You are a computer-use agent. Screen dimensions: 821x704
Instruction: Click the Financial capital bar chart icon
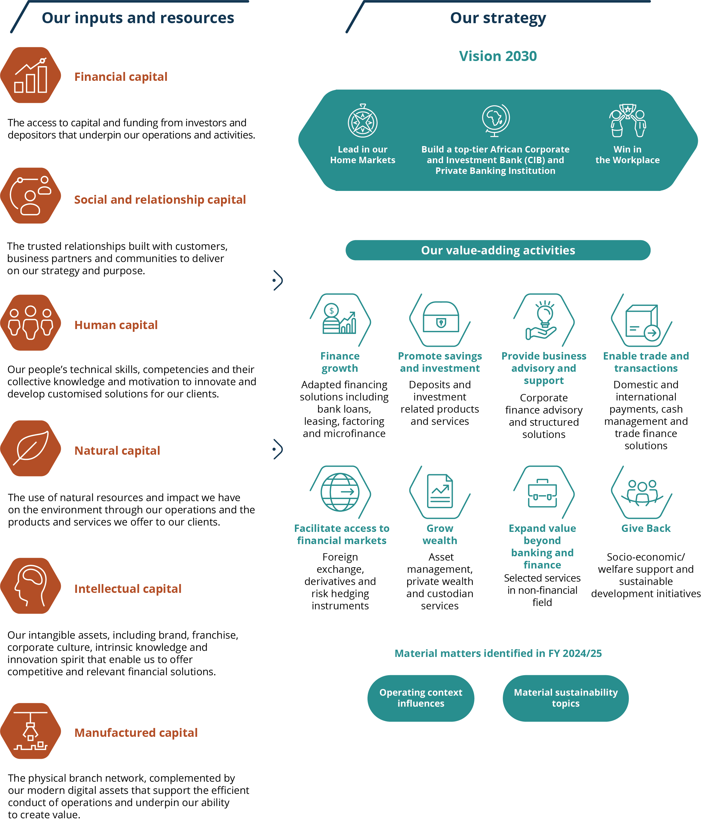click(x=31, y=75)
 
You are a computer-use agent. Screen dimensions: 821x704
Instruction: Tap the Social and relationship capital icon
click(x=31, y=195)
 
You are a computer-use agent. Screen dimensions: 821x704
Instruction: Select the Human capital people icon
click(x=31, y=323)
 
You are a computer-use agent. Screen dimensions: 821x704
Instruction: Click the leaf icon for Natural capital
click(x=31, y=448)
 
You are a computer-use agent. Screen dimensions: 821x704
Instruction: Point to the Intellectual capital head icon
click(x=31, y=586)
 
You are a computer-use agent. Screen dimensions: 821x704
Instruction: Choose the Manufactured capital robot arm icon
click(x=31, y=731)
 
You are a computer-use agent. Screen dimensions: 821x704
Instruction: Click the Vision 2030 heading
click(x=498, y=56)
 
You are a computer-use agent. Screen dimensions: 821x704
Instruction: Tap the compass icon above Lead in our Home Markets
click(x=362, y=121)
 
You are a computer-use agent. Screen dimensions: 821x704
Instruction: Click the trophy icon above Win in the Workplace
click(x=627, y=120)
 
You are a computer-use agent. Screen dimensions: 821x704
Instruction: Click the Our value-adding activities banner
click(x=498, y=250)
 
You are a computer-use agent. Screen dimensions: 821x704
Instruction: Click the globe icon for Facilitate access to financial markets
click(x=340, y=492)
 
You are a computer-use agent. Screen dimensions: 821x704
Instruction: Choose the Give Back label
click(x=646, y=528)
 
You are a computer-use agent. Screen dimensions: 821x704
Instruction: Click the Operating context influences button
click(x=421, y=698)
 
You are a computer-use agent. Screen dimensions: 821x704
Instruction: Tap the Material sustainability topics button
click(x=566, y=698)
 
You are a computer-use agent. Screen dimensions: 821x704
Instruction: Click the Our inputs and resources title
click(x=138, y=18)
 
